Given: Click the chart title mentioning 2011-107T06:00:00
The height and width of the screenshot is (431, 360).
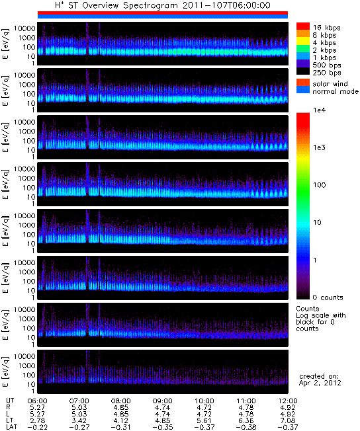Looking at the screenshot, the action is [x=163, y=5].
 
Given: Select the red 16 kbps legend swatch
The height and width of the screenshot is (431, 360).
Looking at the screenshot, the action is [x=303, y=26].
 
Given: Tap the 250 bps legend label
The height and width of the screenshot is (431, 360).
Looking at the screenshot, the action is [x=327, y=73].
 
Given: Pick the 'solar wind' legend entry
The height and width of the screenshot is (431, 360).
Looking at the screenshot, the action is [x=330, y=83].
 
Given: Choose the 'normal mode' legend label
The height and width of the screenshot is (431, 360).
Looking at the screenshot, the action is [x=336, y=91].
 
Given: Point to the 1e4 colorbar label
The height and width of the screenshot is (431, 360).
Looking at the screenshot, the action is [x=319, y=110].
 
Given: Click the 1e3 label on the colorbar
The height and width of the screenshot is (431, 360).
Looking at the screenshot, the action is [x=319, y=147].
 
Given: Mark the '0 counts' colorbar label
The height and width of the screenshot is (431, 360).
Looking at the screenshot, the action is [x=328, y=297].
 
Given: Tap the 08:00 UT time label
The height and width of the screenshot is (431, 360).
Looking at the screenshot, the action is [x=120, y=401].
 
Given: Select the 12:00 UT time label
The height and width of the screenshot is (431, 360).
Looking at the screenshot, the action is [x=288, y=401].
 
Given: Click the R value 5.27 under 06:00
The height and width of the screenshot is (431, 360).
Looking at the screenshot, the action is [x=37, y=407].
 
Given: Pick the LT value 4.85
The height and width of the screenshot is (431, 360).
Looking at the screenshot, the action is [x=162, y=420].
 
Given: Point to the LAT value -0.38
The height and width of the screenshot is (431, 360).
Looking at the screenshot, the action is [x=246, y=428].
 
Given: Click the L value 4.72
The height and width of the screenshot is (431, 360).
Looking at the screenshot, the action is [x=204, y=414].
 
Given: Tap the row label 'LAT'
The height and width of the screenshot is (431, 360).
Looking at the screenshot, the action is [x=11, y=428].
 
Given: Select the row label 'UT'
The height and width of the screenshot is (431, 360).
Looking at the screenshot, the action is [x=10, y=401].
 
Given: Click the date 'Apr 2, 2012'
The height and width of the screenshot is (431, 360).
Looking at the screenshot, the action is [x=320, y=383].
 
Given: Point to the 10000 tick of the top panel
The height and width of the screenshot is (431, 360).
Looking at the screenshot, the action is [x=24, y=28].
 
